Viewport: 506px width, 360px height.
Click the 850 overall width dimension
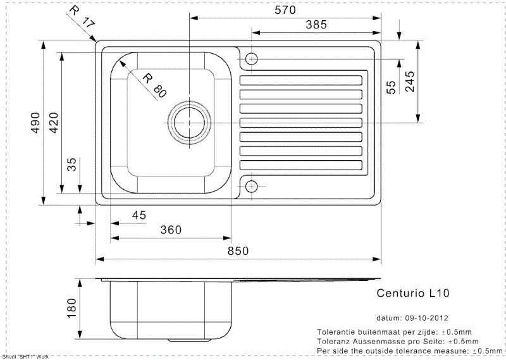click(238, 251)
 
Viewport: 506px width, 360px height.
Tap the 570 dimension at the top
click(285, 10)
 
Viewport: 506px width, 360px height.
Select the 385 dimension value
click(316, 25)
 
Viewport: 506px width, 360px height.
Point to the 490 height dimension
click(35, 123)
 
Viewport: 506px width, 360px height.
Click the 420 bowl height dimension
click(54, 123)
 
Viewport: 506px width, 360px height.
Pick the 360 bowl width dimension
click(171, 230)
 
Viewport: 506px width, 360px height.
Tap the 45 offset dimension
click(139, 215)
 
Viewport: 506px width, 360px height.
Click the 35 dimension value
click(71, 164)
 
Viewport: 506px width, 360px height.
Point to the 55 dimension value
click(391, 87)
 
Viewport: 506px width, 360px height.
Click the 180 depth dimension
click(71, 308)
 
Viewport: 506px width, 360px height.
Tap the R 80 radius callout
click(154, 85)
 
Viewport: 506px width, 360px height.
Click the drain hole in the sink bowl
click(189, 123)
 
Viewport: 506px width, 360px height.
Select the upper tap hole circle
click(251, 59)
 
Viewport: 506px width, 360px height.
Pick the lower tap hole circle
click(251, 186)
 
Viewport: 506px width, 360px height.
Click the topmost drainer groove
click(301, 80)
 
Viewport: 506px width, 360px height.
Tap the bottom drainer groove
click(301, 165)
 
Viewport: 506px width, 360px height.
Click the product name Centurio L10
click(413, 293)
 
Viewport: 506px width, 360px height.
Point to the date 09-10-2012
click(426, 318)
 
